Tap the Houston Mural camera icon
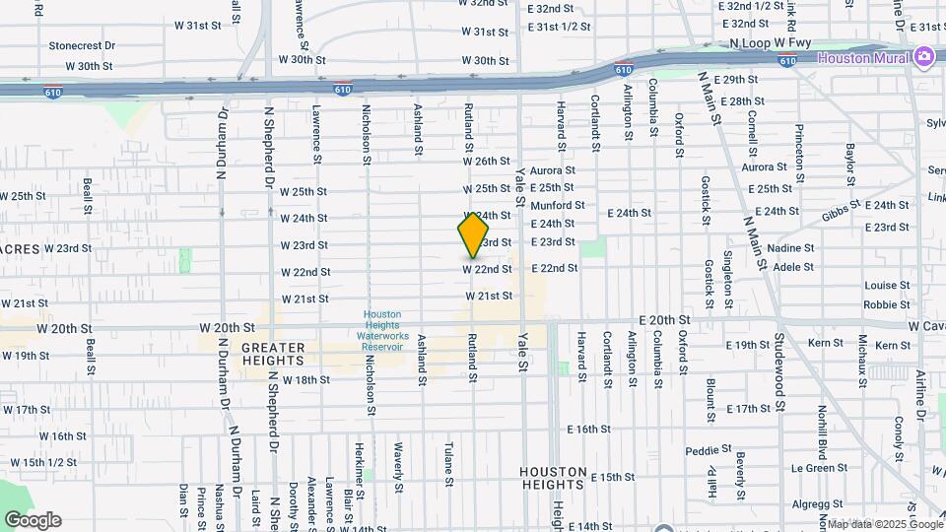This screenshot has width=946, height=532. point(924,56)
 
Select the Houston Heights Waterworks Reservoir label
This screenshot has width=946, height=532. point(382,330)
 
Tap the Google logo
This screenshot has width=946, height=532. point(33,520)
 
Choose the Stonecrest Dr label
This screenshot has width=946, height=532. point(82,45)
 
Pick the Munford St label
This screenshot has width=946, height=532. point(558,206)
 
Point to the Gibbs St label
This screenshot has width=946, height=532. point(843,210)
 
